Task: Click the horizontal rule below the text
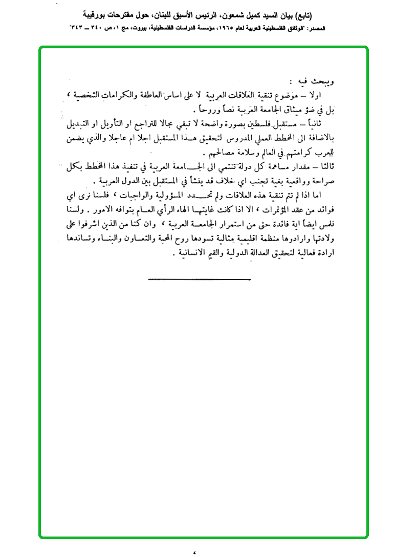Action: [x=200, y=279]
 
